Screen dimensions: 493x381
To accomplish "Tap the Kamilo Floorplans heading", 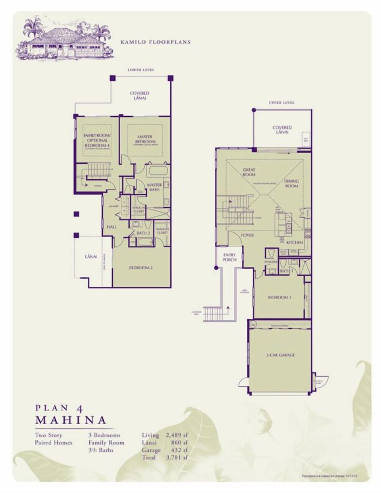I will [155, 42].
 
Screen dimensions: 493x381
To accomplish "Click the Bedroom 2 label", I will [141, 268].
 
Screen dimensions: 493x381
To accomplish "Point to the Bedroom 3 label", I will [280, 297].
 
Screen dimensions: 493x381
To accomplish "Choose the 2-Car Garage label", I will [281, 355].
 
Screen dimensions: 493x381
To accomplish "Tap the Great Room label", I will [249, 172].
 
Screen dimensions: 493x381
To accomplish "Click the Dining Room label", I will [291, 183].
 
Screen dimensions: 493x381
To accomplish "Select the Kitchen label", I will [295, 242].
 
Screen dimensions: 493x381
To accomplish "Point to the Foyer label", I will [247, 235].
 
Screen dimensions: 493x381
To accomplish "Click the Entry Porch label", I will [229, 257].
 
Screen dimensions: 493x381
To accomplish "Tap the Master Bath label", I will [154, 187].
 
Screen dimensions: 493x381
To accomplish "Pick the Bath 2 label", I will [143, 233].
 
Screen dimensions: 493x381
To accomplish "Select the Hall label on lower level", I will [112, 227].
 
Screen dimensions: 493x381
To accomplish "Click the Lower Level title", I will [141, 70].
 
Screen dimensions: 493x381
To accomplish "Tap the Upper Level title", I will [282, 102].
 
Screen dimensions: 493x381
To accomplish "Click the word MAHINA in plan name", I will [71, 420].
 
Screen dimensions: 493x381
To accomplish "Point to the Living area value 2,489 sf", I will [177, 435].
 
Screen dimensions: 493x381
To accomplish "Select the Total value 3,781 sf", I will [177, 458].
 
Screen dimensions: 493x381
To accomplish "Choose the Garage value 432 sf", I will [180, 450].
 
